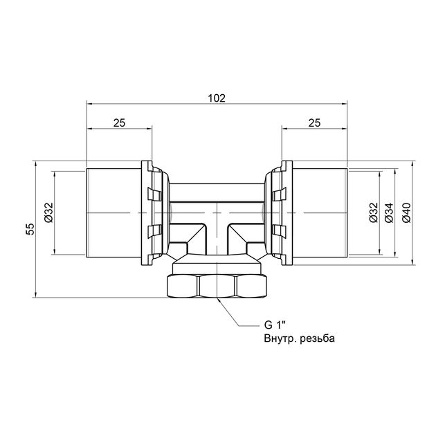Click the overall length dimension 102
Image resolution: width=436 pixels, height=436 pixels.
pos(217,98)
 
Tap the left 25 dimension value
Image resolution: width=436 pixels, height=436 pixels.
pos(119,122)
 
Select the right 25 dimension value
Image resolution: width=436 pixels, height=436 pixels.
pos(314,122)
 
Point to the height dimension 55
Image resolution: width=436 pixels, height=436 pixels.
pos(30,229)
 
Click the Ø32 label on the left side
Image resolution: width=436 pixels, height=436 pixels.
pos(49,212)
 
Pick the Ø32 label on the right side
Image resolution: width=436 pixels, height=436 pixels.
pos(374,212)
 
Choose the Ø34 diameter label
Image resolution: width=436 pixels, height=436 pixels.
pos(389,212)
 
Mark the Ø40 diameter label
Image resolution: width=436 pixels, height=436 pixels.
pos(406,212)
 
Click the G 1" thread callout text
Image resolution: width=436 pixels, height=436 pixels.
pos(275,325)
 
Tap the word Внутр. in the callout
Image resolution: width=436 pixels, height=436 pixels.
pos(280,338)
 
